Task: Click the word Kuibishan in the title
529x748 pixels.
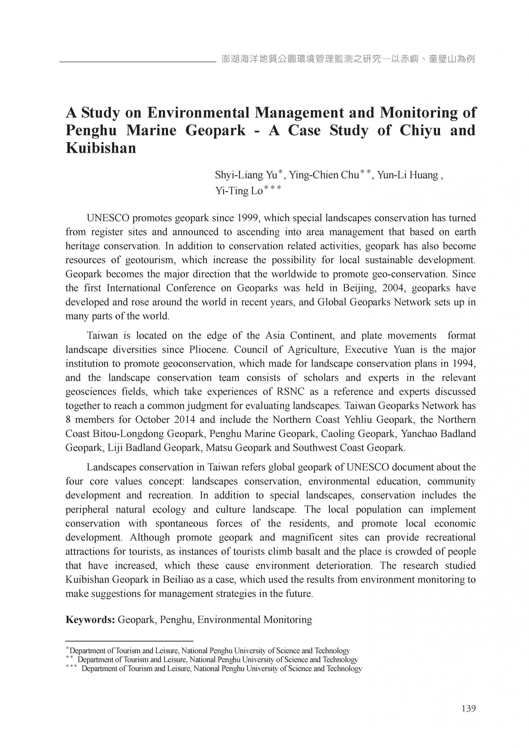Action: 101,148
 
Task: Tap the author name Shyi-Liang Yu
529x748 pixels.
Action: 246,175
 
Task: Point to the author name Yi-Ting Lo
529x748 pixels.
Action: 239,191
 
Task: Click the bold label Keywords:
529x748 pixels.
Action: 90,619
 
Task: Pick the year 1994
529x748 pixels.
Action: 463,364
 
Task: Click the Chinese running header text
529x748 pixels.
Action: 348,59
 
